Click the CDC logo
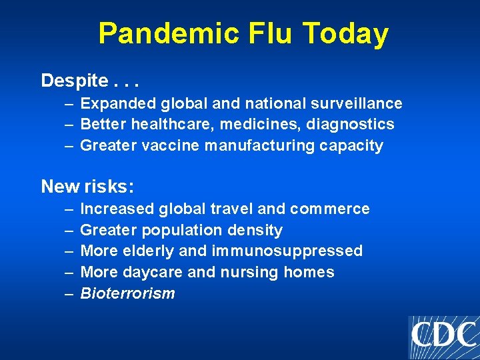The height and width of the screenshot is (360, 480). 443,335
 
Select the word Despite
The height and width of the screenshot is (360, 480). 73,81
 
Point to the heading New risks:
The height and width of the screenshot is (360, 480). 87,186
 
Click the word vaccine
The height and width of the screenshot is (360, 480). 171,145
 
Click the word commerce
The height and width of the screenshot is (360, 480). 330,209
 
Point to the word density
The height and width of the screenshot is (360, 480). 255,230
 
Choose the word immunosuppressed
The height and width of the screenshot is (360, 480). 287,251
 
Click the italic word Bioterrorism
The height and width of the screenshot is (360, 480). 127,293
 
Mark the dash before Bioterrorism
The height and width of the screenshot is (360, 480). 69,293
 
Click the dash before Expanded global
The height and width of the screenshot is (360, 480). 69,103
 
